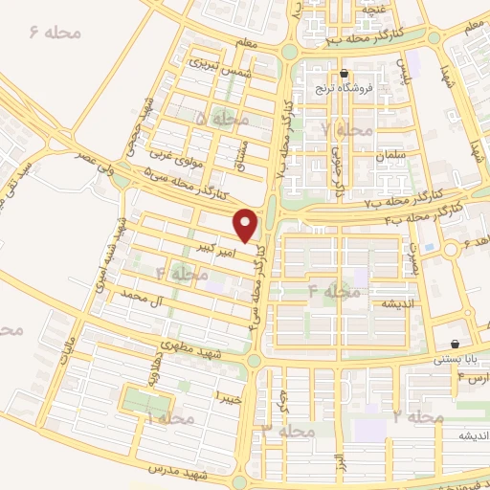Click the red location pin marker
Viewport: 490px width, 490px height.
point(247,225)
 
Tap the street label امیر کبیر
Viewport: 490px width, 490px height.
point(215,247)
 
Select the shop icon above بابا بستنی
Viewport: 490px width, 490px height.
point(454,345)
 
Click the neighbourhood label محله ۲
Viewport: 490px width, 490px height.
point(418,417)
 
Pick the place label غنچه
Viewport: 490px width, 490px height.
point(373,10)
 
